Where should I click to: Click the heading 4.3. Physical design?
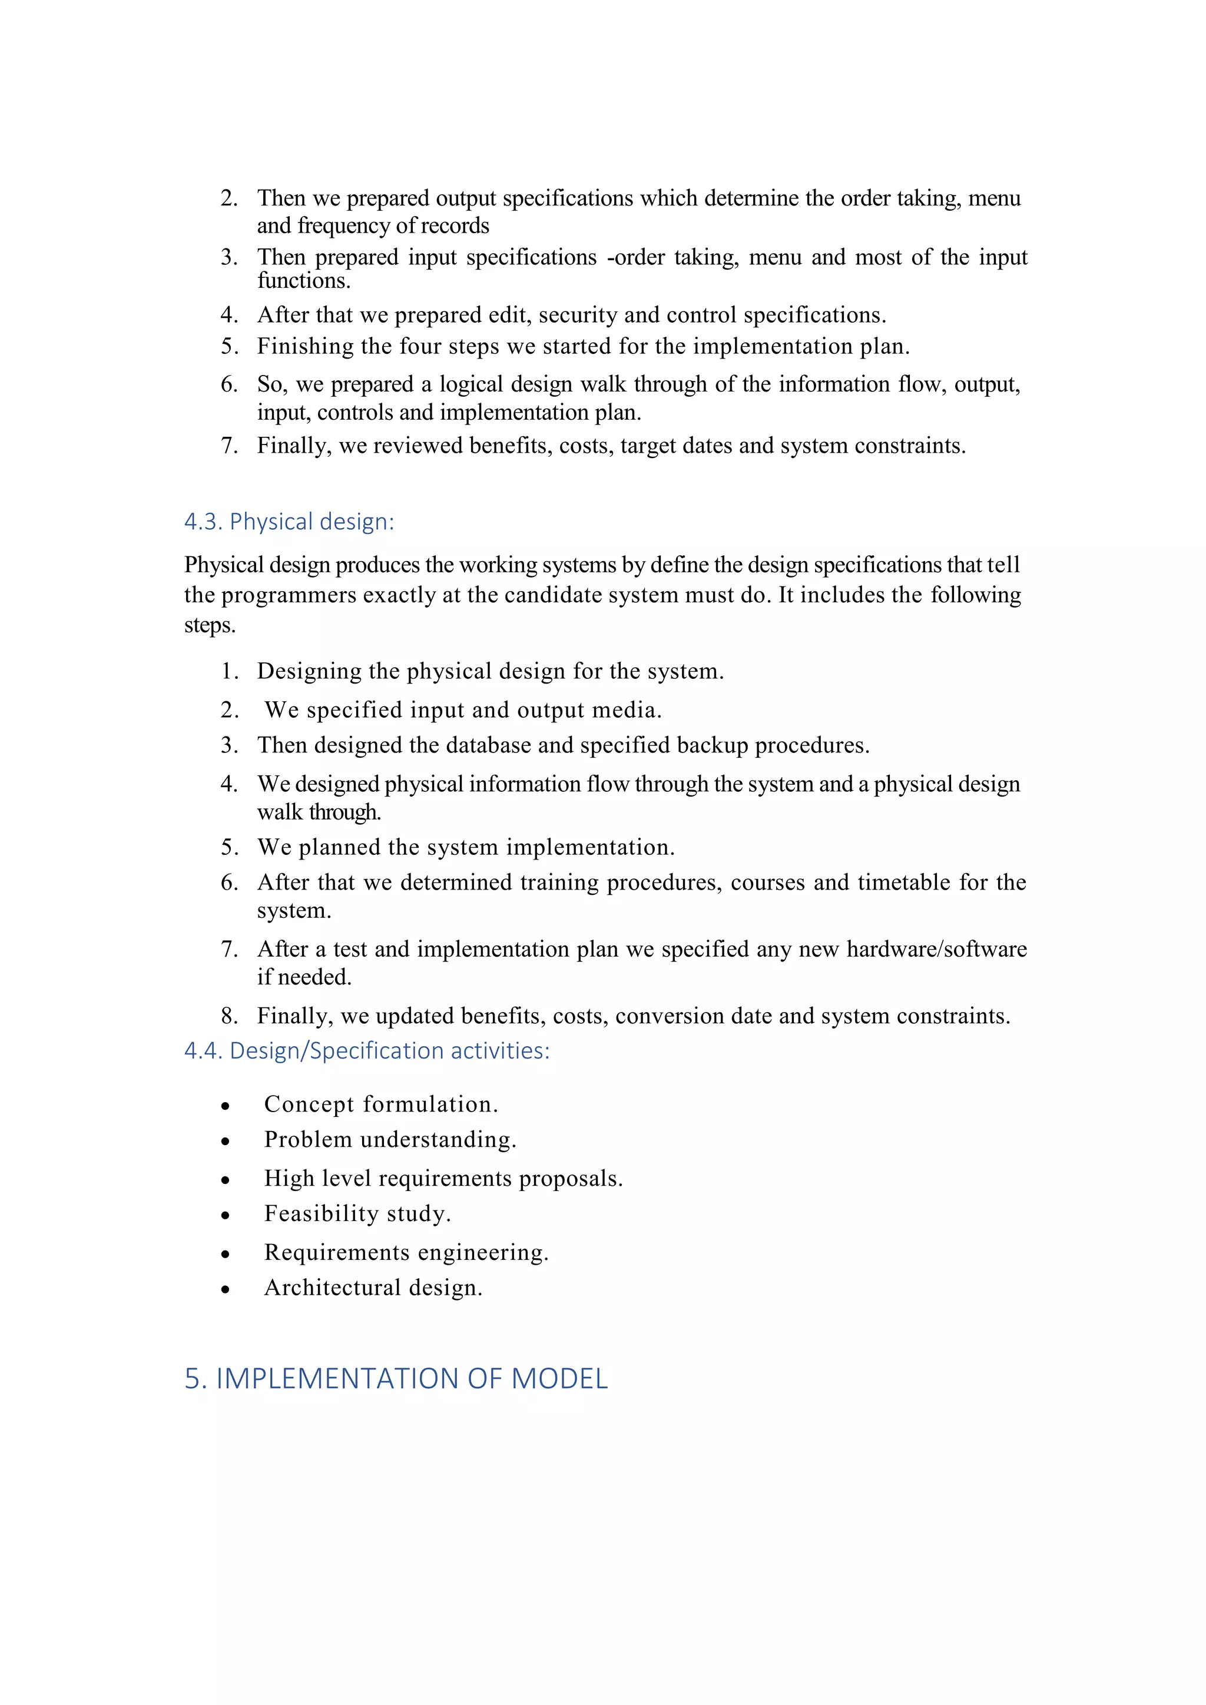289,522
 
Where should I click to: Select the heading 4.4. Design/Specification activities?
367,1051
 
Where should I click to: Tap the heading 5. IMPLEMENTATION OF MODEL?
396,1379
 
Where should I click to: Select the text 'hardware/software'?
936,950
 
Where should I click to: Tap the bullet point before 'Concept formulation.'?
225,1106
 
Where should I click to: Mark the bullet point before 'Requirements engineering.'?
225,1254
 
